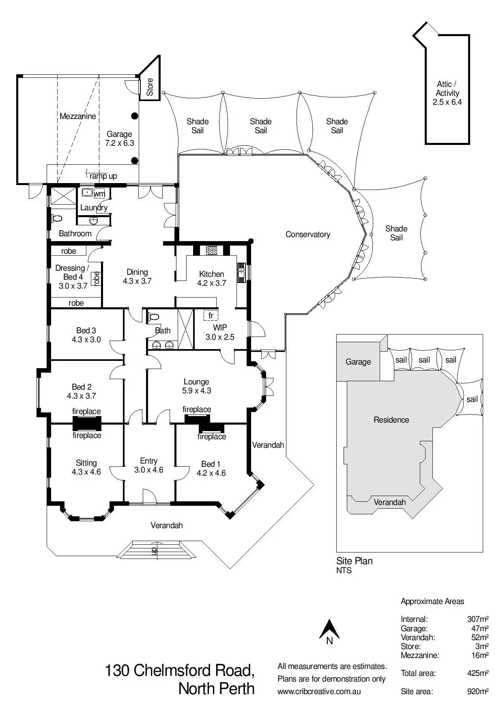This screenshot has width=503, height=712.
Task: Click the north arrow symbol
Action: point(329,632)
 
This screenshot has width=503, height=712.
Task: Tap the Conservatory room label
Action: point(307,234)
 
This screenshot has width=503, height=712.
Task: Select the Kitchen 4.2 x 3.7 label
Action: point(211,278)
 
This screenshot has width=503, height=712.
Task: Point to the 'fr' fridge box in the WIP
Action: point(211,315)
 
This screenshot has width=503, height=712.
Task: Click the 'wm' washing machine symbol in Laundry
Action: point(99,194)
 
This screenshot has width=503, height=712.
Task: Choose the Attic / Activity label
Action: point(447,93)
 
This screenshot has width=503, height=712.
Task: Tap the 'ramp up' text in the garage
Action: point(103,176)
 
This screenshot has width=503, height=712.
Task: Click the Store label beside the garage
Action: point(150,87)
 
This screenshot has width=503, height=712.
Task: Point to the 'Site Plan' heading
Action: point(354,561)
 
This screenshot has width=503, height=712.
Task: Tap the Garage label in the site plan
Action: point(358,362)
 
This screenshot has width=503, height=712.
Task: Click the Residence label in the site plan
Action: point(391,420)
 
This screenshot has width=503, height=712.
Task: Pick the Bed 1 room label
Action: point(211,468)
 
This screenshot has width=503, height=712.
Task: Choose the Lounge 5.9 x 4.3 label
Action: point(196,386)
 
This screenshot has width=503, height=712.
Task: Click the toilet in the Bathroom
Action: point(57,218)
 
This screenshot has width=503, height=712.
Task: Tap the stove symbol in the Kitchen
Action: point(211,250)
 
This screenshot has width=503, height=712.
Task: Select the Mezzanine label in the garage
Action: point(77,116)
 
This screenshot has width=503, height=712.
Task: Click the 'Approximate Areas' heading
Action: point(432,601)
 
